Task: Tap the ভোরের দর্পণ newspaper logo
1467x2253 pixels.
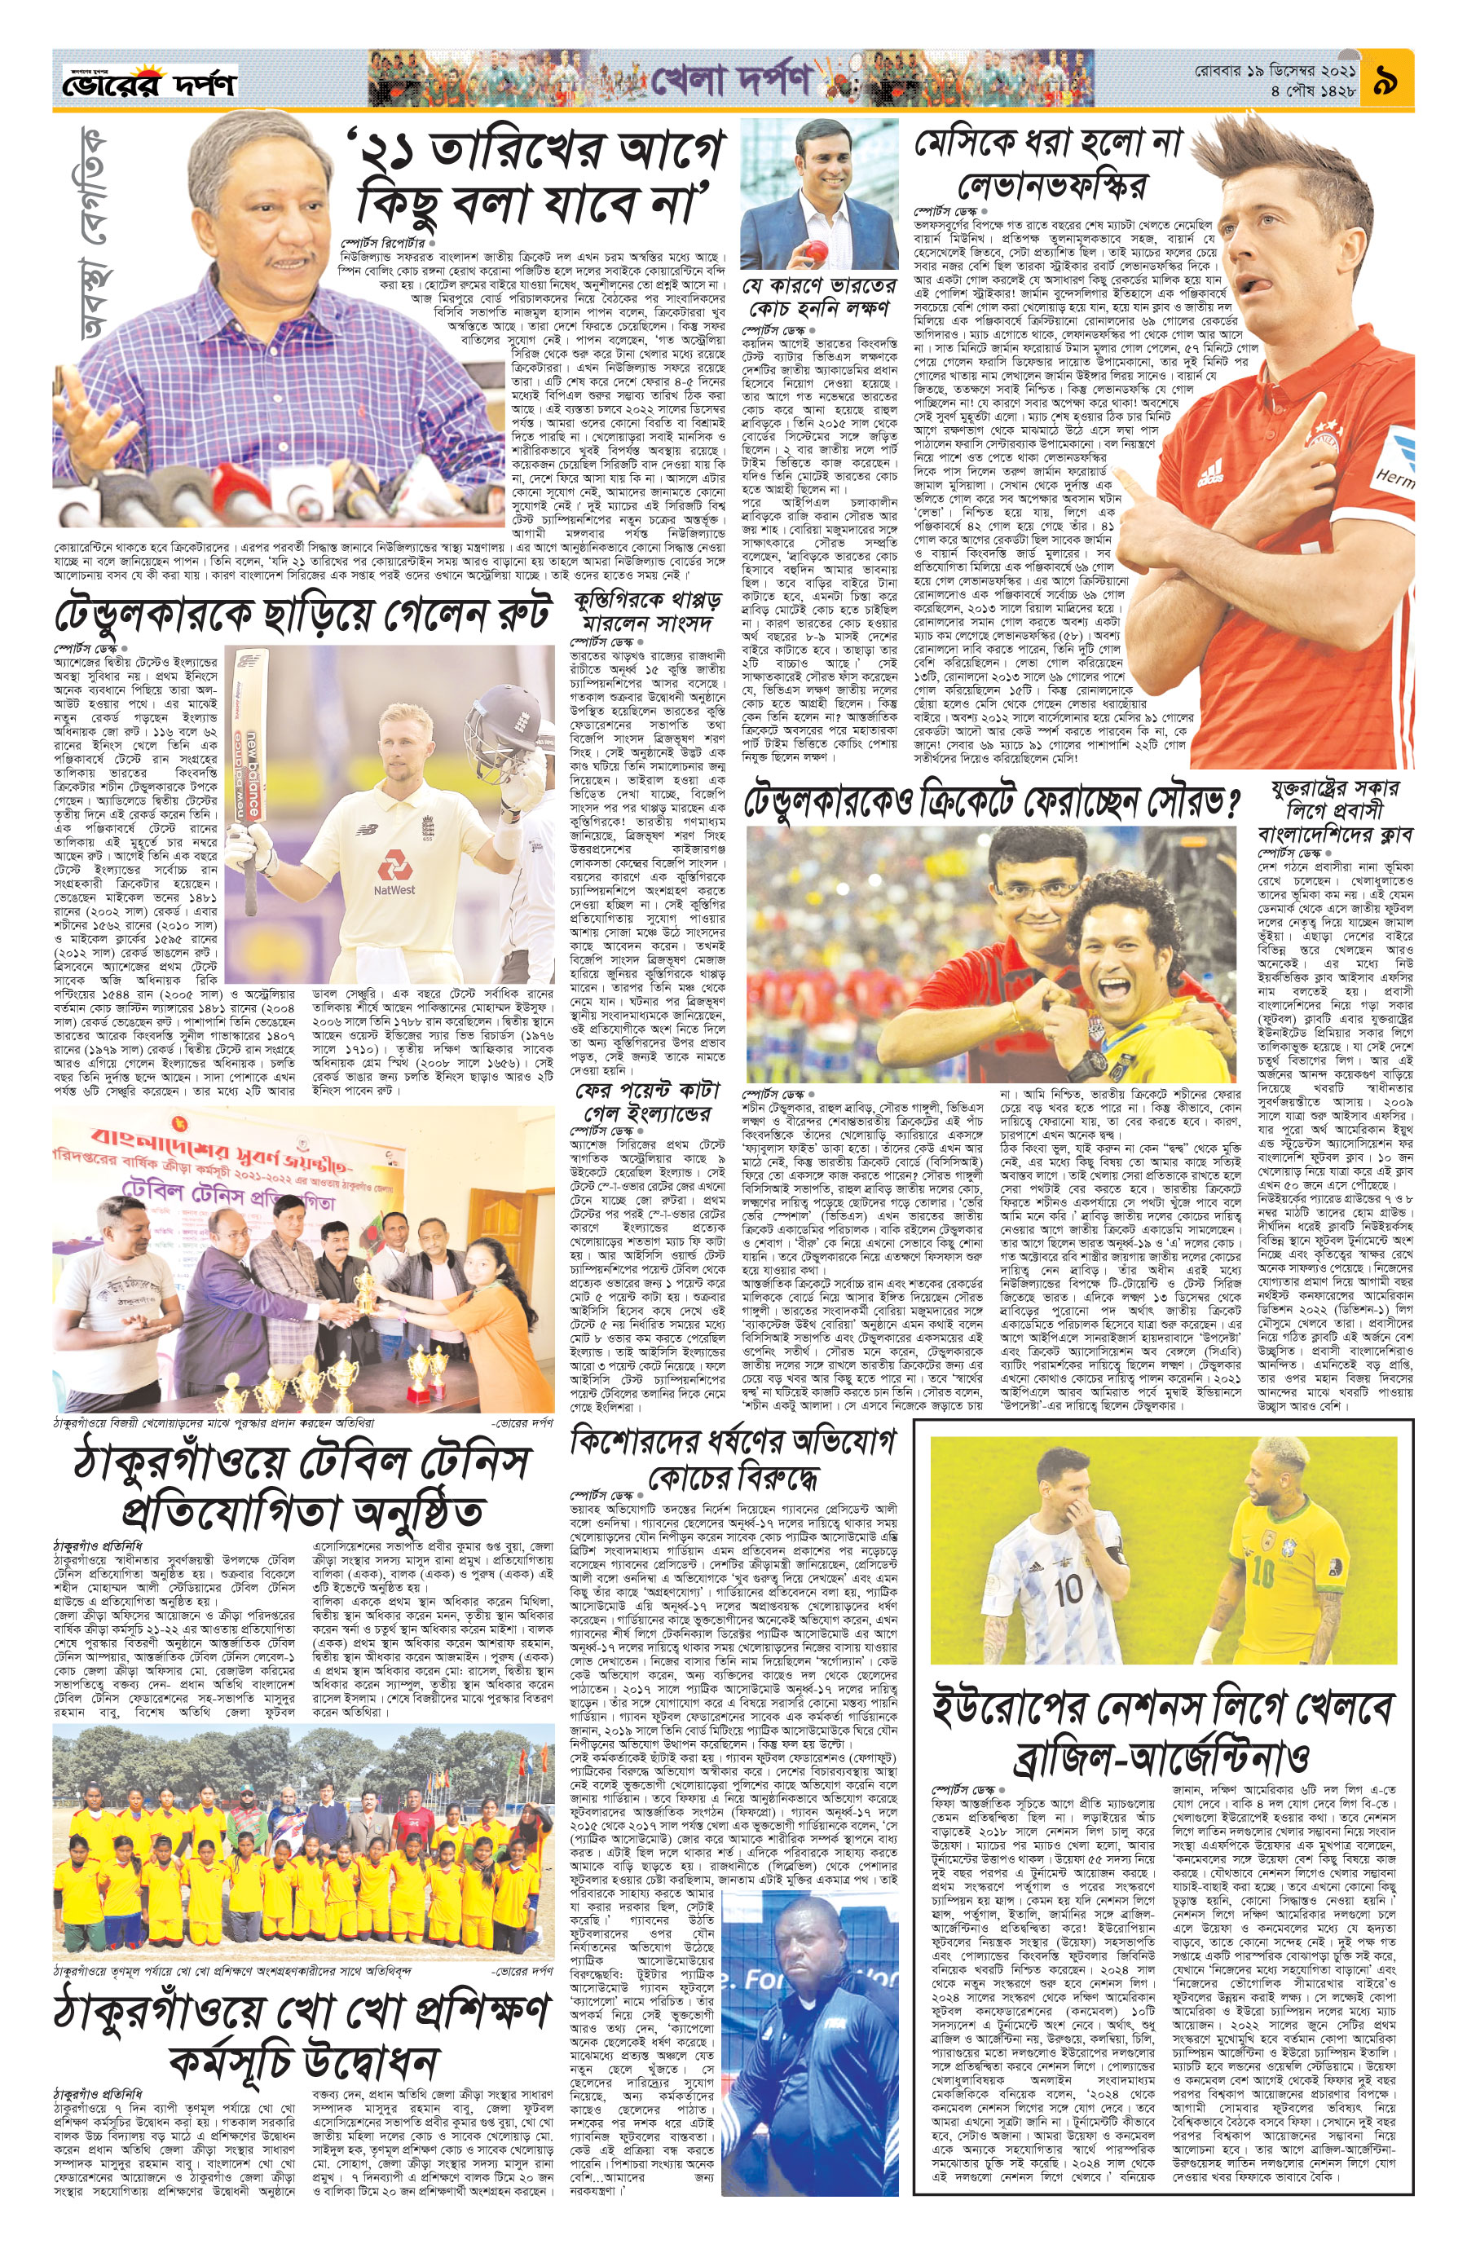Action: point(149,84)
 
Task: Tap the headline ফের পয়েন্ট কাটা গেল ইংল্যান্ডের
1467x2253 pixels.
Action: point(647,1100)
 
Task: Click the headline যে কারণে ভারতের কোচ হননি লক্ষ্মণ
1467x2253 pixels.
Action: point(820,298)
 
